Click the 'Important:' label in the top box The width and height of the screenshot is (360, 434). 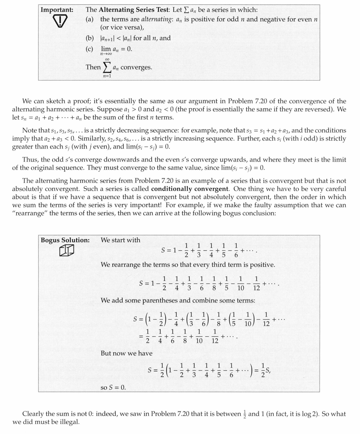tap(57, 10)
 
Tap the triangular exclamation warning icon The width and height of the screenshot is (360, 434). tap(57, 23)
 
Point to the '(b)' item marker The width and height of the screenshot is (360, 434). tap(90, 38)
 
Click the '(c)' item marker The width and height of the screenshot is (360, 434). tap(90, 49)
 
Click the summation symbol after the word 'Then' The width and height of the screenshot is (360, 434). tap(107, 68)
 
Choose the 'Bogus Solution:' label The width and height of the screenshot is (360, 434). tap(65, 240)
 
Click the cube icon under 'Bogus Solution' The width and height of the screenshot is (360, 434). tap(66, 251)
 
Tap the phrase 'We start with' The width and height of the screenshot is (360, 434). tap(120, 240)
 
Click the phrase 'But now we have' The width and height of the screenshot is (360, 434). tap(126, 353)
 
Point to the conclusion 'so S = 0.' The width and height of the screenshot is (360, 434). tap(113, 387)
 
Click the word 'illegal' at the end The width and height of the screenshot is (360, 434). tap(70, 422)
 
